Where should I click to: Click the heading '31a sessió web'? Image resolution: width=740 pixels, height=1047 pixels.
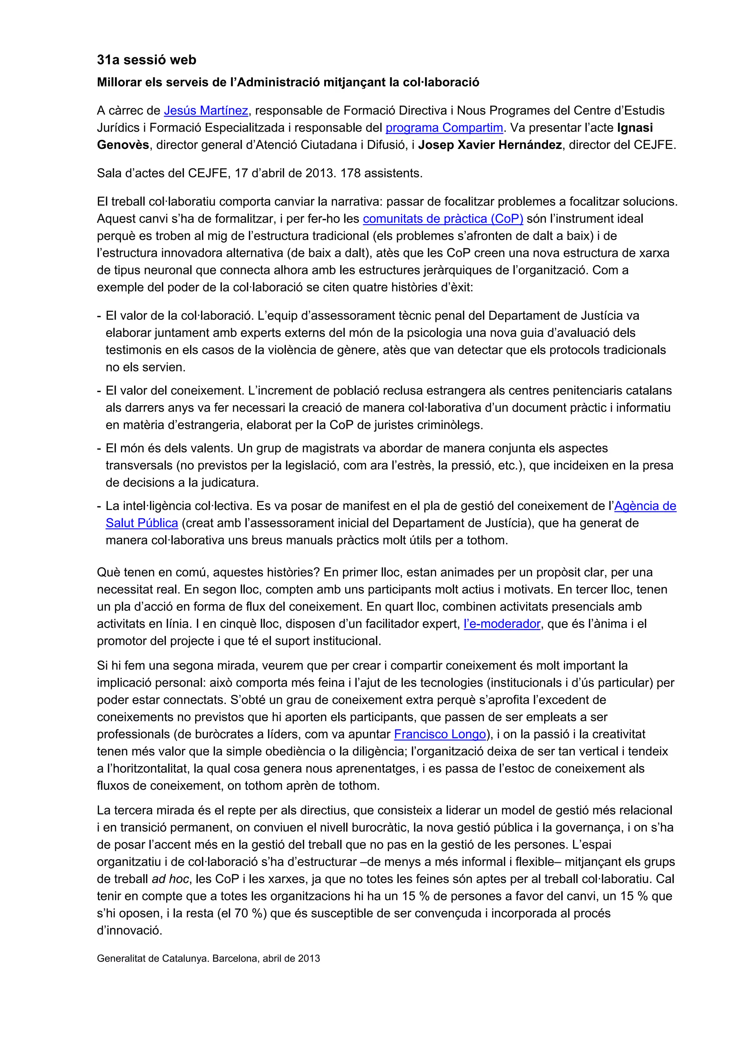(146, 60)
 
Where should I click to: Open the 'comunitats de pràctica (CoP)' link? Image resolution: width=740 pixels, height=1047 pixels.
(443, 219)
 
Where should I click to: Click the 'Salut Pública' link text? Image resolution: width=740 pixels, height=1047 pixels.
(141, 523)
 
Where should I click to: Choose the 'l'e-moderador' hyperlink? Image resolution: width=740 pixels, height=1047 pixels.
(502, 624)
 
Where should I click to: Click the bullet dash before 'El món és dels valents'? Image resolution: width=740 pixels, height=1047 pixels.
(99, 448)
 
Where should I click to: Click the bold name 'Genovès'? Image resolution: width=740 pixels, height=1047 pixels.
(122, 145)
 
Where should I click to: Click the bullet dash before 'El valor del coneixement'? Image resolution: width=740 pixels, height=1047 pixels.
(99, 391)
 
